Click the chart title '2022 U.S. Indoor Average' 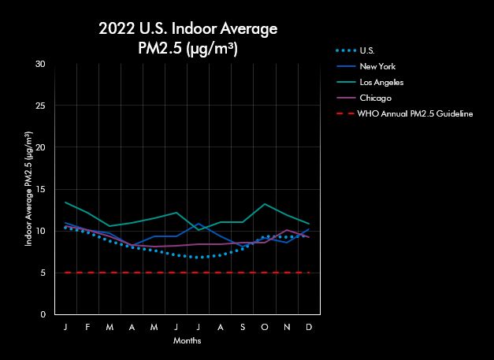188,30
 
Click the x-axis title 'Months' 187,341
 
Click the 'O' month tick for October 265,326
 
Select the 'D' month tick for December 309,326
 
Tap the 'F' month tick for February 87,326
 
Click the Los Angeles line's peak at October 265,204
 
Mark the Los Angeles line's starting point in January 65,202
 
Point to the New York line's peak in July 199,224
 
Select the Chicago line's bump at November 287,230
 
